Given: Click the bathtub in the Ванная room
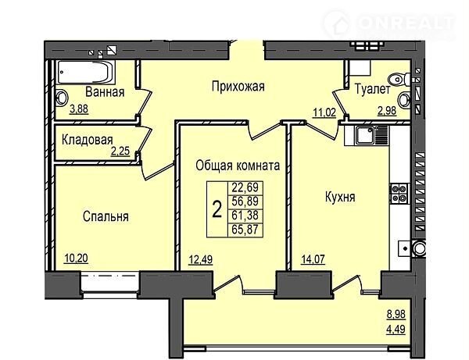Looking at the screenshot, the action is click(x=86, y=73).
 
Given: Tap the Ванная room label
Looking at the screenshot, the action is click(x=105, y=91).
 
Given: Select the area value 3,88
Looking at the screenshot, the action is click(x=79, y=109).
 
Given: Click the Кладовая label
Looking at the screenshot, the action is click(x=88, y=140).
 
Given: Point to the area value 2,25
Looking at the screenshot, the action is click(x=120, y=151).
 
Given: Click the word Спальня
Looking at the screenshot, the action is click(x=106, y=216).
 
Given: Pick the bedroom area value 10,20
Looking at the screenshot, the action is click(x=77, y=258).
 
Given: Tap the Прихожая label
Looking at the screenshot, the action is click(x=238, y=87).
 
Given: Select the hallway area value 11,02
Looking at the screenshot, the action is click(x=324, y=112).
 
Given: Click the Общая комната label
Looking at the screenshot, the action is click(x=238, y=166).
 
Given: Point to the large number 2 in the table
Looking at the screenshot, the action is click(x=217, y=209).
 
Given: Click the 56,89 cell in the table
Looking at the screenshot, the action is click(x=245, y=201).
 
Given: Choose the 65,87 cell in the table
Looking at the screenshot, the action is click(x=245, y=230).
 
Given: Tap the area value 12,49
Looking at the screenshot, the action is click(x=200, y=259).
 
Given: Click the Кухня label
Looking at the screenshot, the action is click(x=340, y=197).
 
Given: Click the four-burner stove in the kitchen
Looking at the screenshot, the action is click(x=399, y=194).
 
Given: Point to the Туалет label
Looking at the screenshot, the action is click(x=372, y=89).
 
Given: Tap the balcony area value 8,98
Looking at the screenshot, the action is click(x=396, y=314).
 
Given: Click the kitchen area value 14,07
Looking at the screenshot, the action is click(x=313, y=259).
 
